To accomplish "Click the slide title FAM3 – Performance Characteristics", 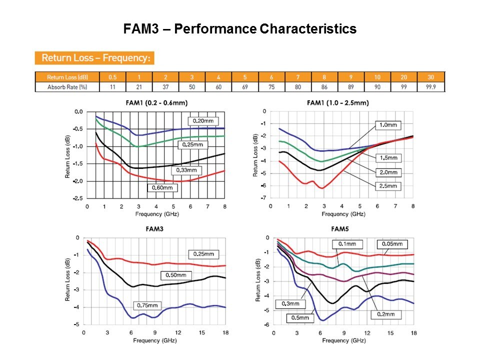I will [240, 29].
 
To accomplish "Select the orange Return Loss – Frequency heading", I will [95, 58].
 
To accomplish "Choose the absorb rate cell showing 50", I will [192, 87].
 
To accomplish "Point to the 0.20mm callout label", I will [203, 121].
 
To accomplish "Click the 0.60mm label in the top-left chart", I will [162, 187].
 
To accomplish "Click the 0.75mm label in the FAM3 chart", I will [147, 305].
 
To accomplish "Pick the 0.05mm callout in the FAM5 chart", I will [392, 244].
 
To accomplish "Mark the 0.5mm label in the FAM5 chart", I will [299, 317].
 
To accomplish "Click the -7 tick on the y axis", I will [262, 198].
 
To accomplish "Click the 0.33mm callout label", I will [185, 170].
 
